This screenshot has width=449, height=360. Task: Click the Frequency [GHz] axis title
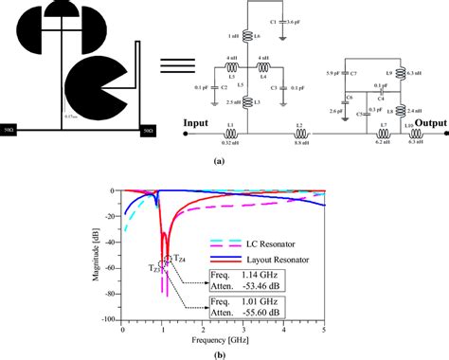(x=222, y=338)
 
